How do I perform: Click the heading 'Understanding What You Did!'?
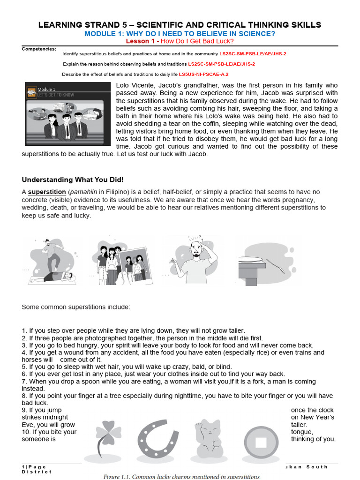[x=73, y=180]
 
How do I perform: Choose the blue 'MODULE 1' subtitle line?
[x=180, y=34]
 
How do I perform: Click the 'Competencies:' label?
[x=39, y=49]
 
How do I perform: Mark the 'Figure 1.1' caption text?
[x=182, y=476]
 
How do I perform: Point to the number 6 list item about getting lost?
[x=153, y=374]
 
